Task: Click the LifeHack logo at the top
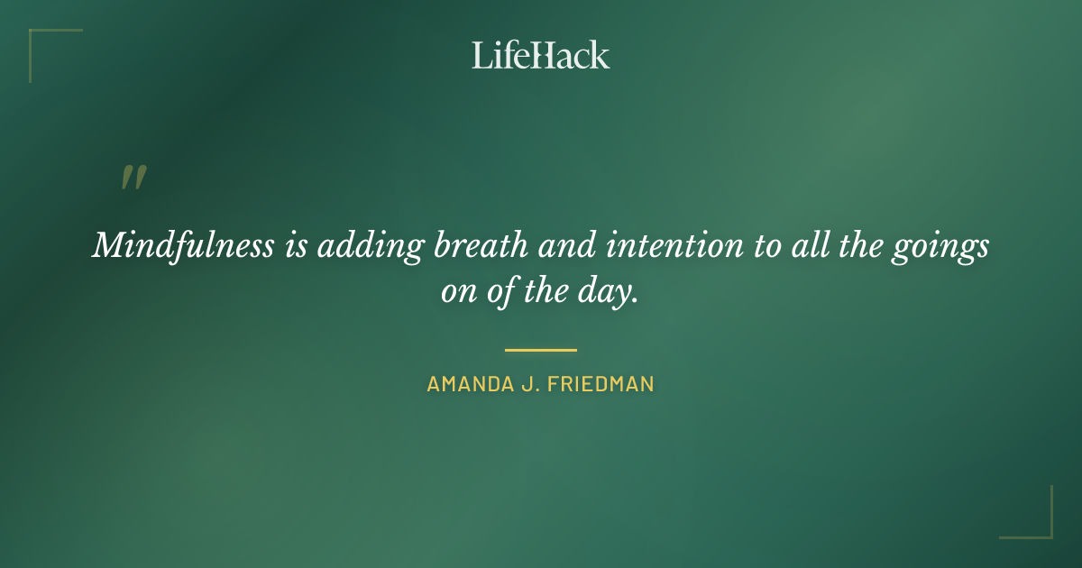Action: click(540, 55)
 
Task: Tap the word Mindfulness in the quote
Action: click(183, 246)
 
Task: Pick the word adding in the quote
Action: click(367, 246)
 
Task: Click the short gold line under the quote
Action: click(540, 350)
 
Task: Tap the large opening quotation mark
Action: click(133, 178)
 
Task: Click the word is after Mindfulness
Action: click(297, 246)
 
